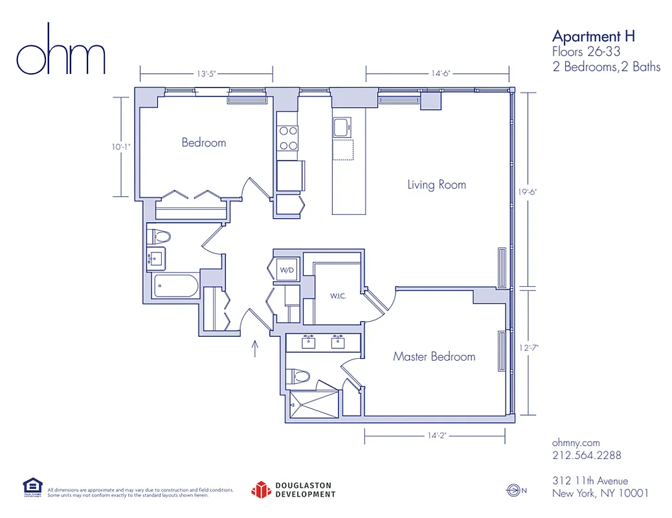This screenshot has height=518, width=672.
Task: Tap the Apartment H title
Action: pos(593,36)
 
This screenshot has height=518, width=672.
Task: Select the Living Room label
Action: pos(436,185)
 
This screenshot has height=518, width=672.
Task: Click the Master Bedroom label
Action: pos(434,356)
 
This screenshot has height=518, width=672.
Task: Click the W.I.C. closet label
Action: pos(337,297)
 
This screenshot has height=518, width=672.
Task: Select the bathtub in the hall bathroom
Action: pos(176,286)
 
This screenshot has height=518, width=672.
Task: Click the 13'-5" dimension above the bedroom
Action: pos(206,74)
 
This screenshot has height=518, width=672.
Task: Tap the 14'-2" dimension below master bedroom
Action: pos(435,436)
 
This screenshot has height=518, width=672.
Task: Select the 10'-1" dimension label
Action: pos(120,147)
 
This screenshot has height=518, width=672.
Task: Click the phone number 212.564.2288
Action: pos(587,455)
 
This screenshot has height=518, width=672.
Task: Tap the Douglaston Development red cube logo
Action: pos(260,490)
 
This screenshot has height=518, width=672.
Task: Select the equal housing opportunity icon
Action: pos(32,487)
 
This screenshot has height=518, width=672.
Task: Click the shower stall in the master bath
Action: pos(313,405)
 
